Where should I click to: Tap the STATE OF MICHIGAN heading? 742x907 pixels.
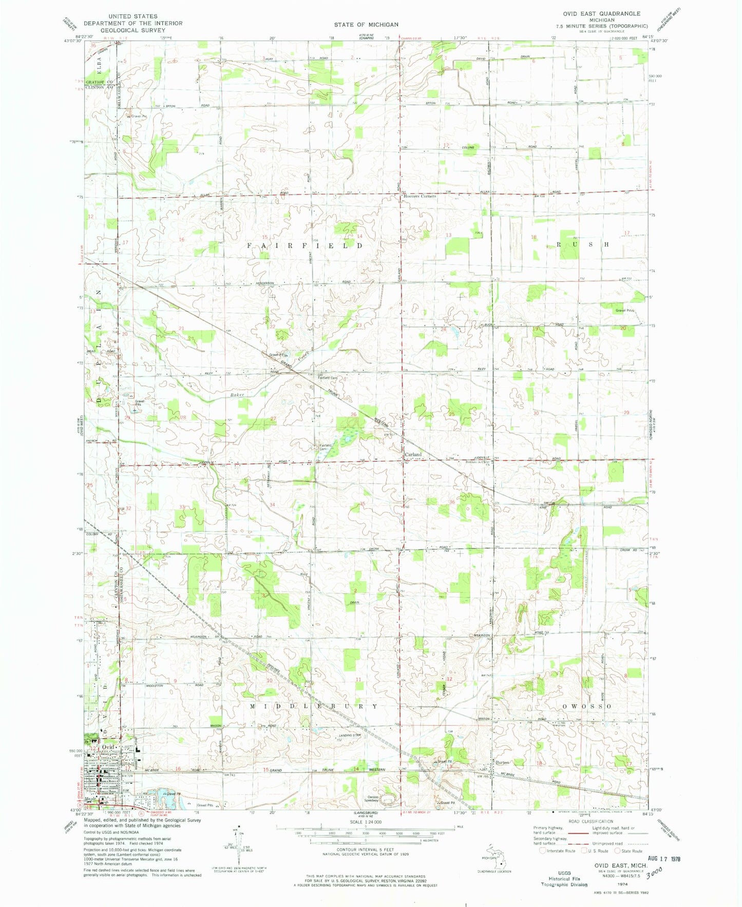(x=366, y=24)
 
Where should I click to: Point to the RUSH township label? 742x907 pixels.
(x=582, y=245)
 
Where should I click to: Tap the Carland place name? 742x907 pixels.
(x=413, y=454)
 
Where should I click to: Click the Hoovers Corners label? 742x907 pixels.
(x=420, y=196)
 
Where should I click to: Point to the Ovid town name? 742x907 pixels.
(x=108, y=746)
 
